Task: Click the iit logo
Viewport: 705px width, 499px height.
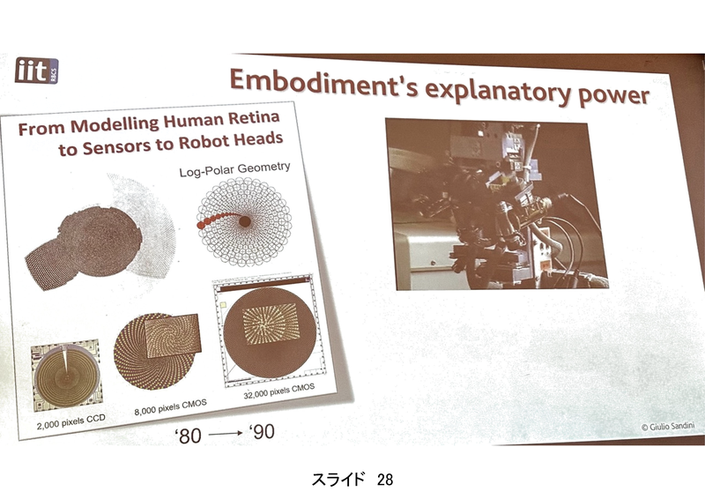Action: tap(36, 71)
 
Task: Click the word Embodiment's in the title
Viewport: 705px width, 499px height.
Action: tap(323, 84)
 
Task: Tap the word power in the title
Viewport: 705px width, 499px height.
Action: tap(613, 96)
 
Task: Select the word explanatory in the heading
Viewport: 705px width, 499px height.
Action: tap(498, 92)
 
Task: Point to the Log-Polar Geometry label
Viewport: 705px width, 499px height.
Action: tap(234, 169)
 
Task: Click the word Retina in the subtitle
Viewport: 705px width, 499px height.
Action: tap(254, 118)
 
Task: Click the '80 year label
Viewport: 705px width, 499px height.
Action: tap(188, 436)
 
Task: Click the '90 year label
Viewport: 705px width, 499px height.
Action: tap(262, 432)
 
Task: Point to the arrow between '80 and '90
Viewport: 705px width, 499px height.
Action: tap(226, 434)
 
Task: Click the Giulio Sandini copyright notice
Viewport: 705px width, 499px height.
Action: tap(668, 426)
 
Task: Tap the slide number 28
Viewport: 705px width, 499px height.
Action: tap(385, 480)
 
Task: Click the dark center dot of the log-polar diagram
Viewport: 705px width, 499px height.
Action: tap(245, 221)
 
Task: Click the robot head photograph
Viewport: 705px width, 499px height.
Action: tap(497, 205)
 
